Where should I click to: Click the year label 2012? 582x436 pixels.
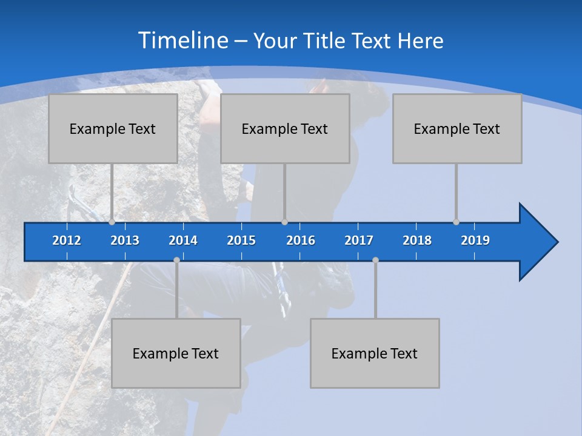click(x=67, y=240)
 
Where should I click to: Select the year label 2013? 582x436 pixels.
click(x=125, y=240)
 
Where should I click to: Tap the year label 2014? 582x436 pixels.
click(x=183, y=240)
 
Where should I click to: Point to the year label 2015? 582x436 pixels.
click(x=241, y=240)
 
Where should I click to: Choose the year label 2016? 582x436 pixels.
click(x=301, y=240)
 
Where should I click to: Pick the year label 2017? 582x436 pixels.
click(x=359, y=240)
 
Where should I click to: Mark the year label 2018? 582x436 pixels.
click(x=417, y=240)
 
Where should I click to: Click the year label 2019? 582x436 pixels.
click(x=475, y=240)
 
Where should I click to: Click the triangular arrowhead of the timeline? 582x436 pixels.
click(x=537, y=242)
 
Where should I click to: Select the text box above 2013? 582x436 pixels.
click(x=113, y=128)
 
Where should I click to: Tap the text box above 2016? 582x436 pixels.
click(x=285, y=128)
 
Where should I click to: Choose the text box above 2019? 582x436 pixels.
click(x=457, y=128)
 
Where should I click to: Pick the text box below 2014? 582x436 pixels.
click(x=176, y=353)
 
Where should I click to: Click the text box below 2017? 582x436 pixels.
click(x=375, y=353)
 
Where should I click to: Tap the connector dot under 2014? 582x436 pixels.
click(x=176, y=260)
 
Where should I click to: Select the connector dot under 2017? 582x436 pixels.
click(x=375, y=260)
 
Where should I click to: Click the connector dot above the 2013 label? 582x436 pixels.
click(x=112, y=222)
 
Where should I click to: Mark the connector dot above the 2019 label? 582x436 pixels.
click(x=456, y=222)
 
